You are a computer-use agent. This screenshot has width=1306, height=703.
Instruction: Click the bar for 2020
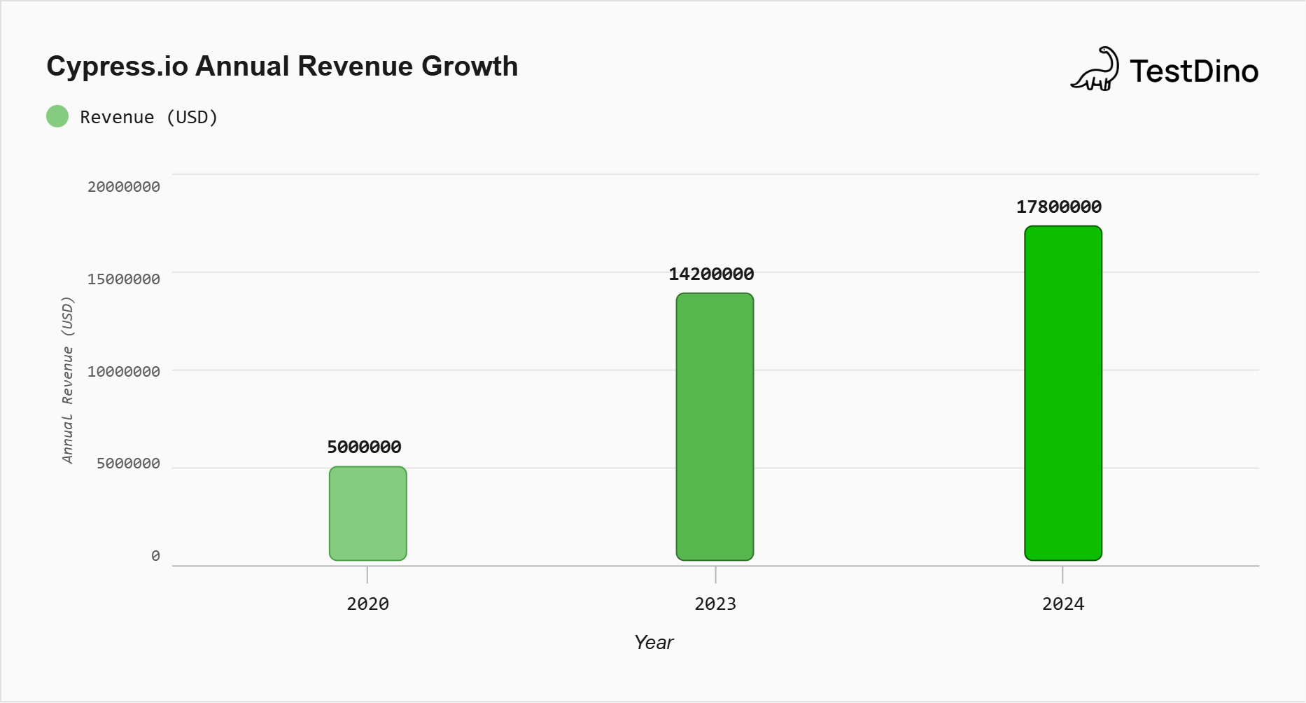[x=367, y=513]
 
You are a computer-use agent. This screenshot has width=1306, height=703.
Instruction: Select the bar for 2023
[x=715, y=426]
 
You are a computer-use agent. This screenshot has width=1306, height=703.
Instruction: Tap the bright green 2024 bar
[x=1062, y=393]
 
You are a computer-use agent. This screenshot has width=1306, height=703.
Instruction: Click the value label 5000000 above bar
[x=364, y=447]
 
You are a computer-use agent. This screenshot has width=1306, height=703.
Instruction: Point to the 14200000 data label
[x=711, y=274]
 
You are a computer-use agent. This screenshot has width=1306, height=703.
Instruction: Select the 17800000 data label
[x=1058, y=207]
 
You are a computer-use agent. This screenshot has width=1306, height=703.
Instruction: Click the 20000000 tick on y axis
[x=124, y=187]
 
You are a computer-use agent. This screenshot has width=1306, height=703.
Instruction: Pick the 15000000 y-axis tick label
[x=124, y=279]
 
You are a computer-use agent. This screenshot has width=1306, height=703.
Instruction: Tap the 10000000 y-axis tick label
[x=124, y=372]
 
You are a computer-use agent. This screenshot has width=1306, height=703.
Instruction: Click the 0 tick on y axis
[x=155, y=556]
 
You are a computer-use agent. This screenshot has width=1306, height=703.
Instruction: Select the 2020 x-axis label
[x=367, y=604]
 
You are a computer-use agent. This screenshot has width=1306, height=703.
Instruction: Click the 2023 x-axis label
[x=715, y=604]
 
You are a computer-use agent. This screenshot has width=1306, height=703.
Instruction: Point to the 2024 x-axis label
[x=1062, y=604]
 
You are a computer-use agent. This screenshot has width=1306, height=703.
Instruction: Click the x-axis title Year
[x=653, y=642]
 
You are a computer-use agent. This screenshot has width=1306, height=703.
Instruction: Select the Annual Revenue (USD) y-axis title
[x=67, y=380]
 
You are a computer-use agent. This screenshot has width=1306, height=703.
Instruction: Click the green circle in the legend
[x=57, y=116]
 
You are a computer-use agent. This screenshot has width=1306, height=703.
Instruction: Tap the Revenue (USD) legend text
[x=149, y=117]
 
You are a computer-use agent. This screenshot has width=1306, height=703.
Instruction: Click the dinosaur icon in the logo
[x=1095, y=69]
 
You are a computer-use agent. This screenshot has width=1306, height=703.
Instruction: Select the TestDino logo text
[x=1193, y=71]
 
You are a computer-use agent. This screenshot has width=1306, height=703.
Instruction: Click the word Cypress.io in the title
[x=117, y=67]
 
